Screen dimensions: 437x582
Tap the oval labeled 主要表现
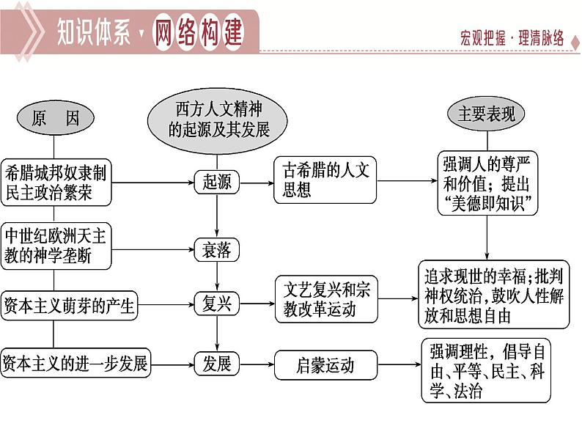pos(487,114)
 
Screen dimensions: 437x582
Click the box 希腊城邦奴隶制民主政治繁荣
pos(56,183)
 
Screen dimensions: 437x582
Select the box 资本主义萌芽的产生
pos(70,305)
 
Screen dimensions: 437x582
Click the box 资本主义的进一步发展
pos(75,364)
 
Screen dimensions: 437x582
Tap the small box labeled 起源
pos(217,182)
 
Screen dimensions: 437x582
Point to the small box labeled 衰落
pos(217,251)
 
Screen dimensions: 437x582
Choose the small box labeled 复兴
pos(217,303)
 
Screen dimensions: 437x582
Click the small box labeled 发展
pos(217,364)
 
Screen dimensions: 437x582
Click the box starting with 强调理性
pos(486,370)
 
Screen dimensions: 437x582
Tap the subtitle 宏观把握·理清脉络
pos(512,39)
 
